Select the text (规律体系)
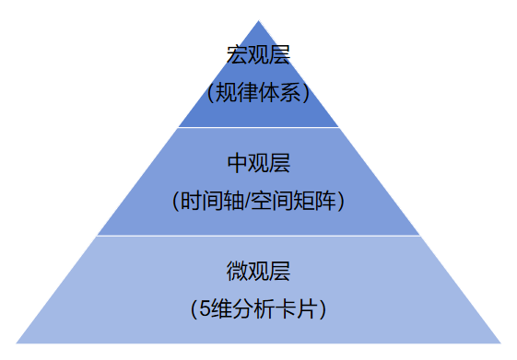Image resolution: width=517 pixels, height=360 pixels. tap(258, 92)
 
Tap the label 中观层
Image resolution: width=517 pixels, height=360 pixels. tap(258, 164)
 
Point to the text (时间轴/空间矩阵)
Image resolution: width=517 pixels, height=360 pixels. tap(258, 201)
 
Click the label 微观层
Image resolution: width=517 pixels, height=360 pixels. tap(258, 272)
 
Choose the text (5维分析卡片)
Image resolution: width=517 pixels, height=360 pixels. tap(258, 308)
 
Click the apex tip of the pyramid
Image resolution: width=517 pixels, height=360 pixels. tap(258, 20)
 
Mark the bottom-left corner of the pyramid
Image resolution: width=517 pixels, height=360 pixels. tap(16, 343)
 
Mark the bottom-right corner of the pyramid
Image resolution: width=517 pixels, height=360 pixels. tap(501, 343)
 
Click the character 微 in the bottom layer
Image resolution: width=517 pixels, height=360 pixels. tap(237, 272)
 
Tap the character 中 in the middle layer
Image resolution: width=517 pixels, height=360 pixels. tap(237, 164)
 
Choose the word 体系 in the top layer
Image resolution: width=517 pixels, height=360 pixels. tap(279, 92)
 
